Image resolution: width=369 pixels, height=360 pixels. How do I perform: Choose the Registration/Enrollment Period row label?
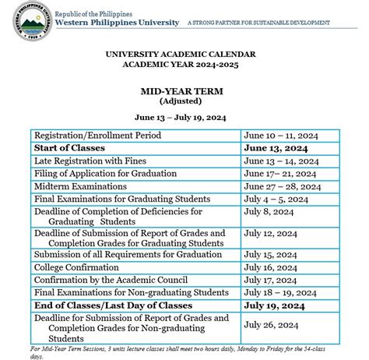coord(98,136)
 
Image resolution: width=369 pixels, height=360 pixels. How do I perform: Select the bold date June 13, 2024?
coord(276,148)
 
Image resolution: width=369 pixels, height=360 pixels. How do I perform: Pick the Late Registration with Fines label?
coord(93,161)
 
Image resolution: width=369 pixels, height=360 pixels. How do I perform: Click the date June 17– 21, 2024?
coord(280,174)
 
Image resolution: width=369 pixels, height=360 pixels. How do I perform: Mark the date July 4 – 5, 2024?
coord(276,199)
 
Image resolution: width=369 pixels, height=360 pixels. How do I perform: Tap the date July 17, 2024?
coord(270,280)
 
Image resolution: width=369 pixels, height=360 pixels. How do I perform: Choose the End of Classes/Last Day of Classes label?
coord(113,305)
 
